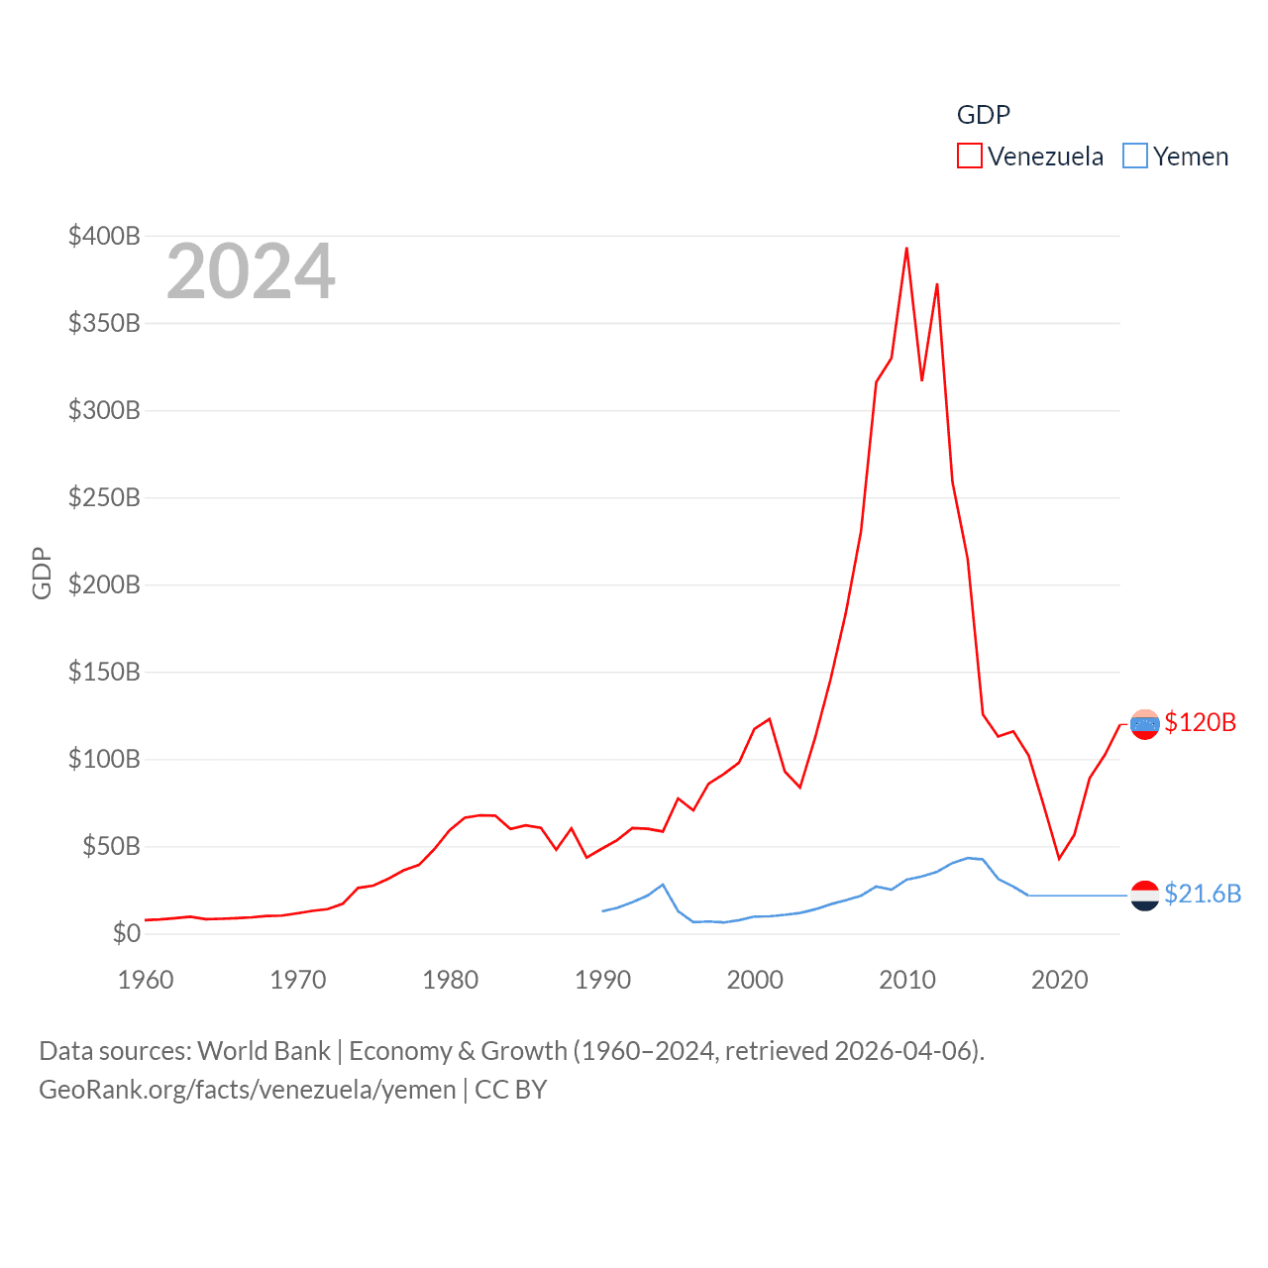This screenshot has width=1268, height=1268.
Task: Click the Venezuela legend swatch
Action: point(969,157)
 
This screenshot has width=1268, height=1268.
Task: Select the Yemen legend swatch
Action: point(1134,157)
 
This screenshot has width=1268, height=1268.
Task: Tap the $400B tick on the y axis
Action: point(104,236)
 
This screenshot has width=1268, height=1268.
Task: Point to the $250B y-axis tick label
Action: point(104,497)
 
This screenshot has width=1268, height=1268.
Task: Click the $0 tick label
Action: point(126,933)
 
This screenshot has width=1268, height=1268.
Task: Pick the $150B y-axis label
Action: point(104,672)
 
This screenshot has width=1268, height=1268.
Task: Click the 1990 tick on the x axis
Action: point(602,980)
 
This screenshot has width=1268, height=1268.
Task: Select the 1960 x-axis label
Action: point(146,980)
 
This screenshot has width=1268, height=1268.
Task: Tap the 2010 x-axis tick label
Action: point(907,980)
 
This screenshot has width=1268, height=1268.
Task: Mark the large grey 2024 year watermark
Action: point(251,271)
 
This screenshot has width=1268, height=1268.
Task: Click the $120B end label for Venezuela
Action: point(1200,722)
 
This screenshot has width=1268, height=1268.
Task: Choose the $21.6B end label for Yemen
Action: point(1202,894)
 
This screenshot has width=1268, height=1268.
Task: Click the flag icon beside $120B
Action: point(1144,724)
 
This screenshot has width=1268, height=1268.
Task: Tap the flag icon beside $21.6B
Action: point(1144,895)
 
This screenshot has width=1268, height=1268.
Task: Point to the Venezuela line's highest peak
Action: point(906,249)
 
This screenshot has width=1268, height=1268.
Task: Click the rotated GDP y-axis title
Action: point(42,573)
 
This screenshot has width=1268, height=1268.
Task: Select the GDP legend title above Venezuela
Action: point(983,115)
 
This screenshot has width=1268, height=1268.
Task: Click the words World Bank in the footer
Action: point(264,1050)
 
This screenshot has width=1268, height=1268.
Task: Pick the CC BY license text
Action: point(511,1090)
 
